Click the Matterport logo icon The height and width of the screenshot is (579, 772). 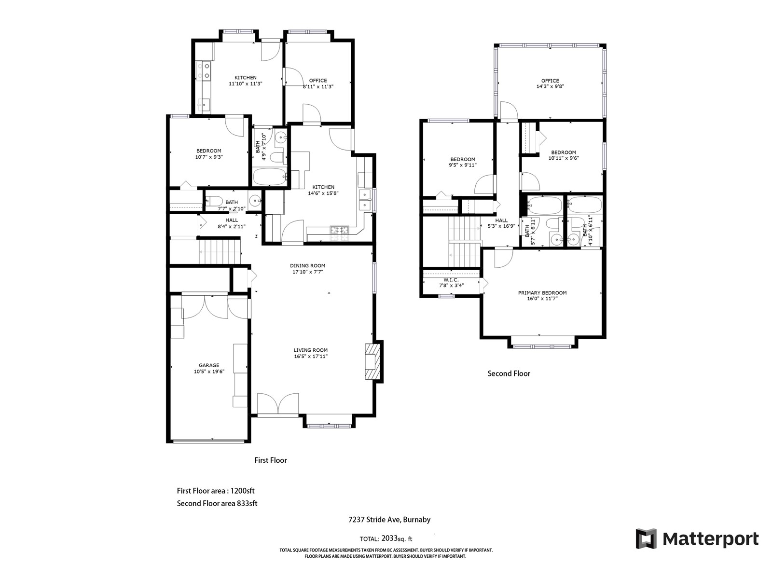point(646,538)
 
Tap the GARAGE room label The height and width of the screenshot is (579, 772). point(208,365)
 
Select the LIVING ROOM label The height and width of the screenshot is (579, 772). point(311,350)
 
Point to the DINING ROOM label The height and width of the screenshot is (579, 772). point(307,266)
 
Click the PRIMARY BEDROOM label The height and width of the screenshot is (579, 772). point(542,293)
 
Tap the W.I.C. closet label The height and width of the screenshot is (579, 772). point(451,280)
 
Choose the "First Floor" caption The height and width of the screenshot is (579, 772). point(271,460)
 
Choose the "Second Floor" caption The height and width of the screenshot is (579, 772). point(509,373)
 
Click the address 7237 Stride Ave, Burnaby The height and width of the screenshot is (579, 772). point(389,520)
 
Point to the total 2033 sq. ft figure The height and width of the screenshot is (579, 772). point(386,538)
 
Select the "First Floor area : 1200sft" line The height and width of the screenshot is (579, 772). point(216,491)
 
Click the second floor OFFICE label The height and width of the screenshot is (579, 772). point(550,81)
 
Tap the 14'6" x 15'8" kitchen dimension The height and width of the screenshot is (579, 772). point(323,193)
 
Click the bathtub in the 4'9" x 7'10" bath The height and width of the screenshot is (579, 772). point(270,177)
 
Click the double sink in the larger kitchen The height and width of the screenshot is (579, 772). point(365,200)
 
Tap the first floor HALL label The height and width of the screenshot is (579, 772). point(232,221)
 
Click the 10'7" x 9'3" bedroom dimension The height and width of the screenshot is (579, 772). point(209,157)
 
